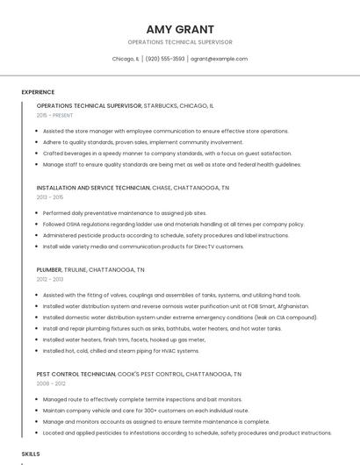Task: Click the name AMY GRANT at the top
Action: pos(180,29)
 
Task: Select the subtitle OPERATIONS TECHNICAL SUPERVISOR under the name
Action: pos(180,42)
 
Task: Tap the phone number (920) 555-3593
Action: pos(165,59)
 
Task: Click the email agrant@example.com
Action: pos(220,59)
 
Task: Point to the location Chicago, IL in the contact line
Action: pos(126,59)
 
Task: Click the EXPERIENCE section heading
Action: pos(38,92)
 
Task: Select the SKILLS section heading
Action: pos(31,454)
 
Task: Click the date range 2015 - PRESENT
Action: pos(54,115)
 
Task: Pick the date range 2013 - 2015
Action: pos(50,197)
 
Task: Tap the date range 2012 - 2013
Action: pos(50,279)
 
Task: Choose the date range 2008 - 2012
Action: pos(51,383)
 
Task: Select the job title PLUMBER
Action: pos(49,269)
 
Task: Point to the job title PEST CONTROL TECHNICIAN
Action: pos(76,374)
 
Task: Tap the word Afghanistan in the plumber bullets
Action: pos(292,306)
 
